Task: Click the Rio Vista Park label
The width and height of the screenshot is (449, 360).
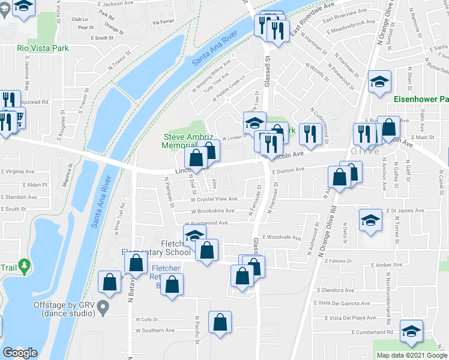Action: coord(43,48)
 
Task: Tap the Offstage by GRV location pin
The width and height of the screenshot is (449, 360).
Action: coord(103,309)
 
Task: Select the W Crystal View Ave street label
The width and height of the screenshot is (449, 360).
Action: coord(214,199)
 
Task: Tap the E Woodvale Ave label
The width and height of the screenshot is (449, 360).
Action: coord(281,237)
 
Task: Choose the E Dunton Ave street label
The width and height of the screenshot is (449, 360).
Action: coord(289,170)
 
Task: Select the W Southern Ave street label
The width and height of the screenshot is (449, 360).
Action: coord(158,331)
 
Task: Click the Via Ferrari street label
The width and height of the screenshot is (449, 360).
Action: coord(163,22)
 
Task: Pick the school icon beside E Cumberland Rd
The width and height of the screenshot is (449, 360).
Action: coord(411,331)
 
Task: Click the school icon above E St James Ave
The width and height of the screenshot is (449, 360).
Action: coord(370,220)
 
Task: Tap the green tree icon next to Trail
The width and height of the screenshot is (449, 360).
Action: coord(24,265)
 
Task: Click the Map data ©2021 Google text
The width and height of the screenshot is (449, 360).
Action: coord(412,355)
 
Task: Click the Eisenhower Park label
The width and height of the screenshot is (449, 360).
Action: coord(421,99)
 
